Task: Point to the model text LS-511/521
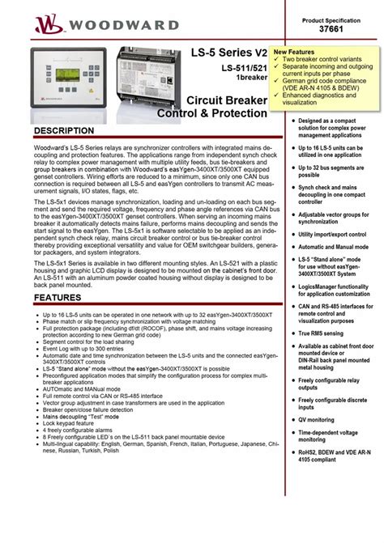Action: click(240, 68)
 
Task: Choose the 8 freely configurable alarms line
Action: click(81, 430)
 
